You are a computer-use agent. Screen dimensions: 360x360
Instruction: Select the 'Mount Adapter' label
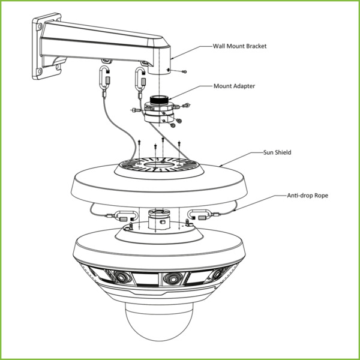(x=234, y=86)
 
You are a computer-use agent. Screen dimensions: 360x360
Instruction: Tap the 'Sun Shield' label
(x=277, y=152)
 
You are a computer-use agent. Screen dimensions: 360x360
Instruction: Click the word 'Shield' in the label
(x=281, y=152)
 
